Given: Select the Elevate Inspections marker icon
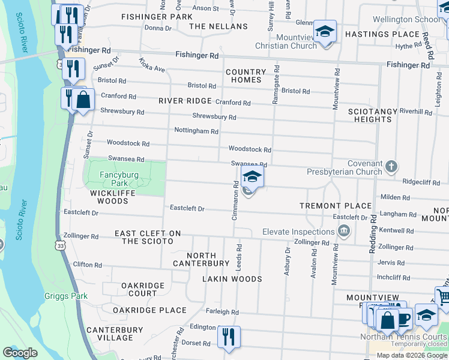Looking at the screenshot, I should [344, 231].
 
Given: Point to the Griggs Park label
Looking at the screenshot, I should [66, 296].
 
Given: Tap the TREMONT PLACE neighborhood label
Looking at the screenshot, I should [336, 206].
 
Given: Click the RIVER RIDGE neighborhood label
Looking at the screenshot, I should [185, 101].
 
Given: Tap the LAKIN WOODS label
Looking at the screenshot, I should [232, 279].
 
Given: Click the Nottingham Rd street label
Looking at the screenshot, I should [196, 130].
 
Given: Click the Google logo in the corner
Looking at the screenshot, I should [20, 353].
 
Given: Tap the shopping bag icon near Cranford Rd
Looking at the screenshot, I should [83, 100].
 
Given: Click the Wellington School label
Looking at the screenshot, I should [406, 19].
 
